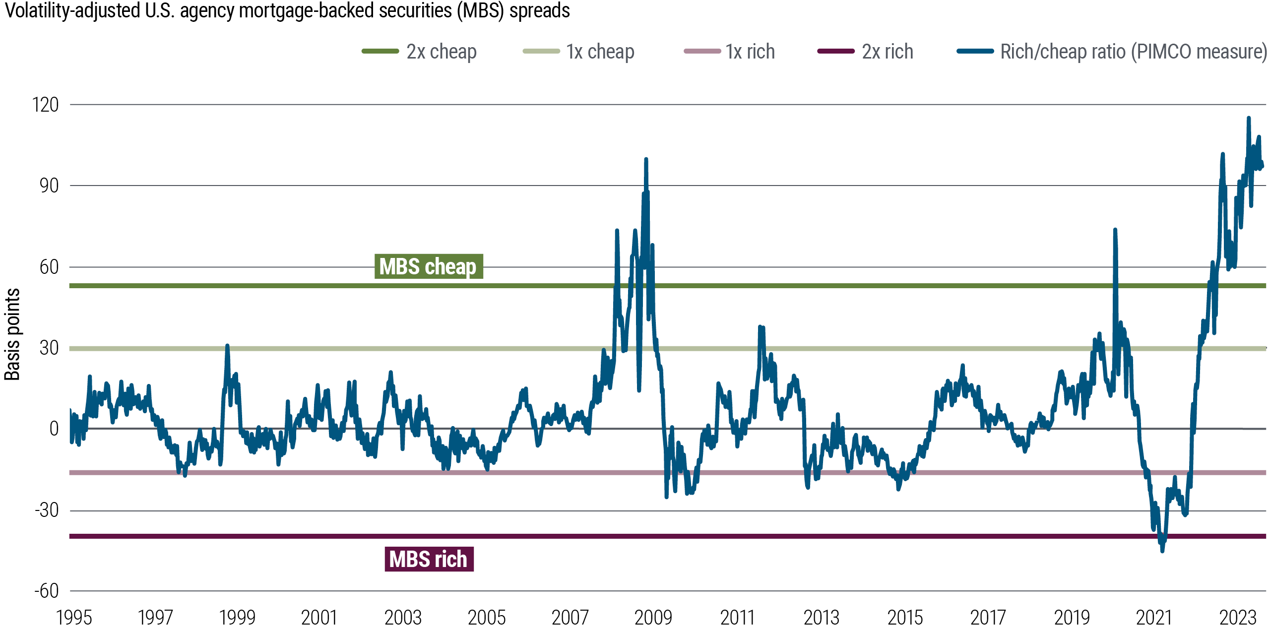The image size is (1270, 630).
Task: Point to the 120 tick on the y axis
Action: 45,105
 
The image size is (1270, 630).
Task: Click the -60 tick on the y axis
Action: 46,591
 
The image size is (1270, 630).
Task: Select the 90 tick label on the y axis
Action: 49,186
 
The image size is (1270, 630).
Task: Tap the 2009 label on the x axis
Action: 653,618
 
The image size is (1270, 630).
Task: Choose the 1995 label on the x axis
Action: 74,618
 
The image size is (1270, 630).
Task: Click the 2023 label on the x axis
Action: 1238,618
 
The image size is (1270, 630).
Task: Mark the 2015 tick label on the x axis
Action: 905,618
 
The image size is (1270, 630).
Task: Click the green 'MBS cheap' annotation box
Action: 428,266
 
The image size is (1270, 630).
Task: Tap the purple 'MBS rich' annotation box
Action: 429,559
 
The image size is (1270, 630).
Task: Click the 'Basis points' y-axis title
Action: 12,334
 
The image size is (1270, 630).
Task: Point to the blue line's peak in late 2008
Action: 646,160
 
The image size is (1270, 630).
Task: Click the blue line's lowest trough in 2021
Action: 1162,550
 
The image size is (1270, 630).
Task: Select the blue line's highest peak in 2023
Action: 1249,118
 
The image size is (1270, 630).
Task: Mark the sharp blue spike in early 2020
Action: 1115,230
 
